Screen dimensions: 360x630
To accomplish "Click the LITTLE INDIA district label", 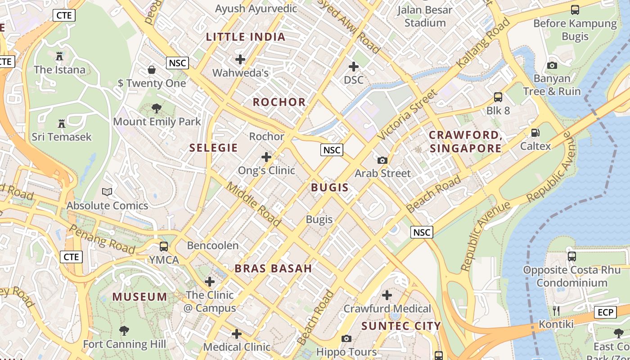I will (246, 37).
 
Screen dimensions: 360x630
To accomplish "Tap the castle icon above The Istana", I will (59, 56).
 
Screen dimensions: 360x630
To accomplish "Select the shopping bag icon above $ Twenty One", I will (152, 70).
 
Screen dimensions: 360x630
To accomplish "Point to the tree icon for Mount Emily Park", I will (157, 108).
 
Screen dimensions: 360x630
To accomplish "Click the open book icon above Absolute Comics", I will (107, 192).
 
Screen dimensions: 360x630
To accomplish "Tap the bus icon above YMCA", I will (164, 247).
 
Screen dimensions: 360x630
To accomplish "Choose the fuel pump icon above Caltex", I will (535, 133).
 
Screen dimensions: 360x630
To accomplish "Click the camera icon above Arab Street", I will (382, 160).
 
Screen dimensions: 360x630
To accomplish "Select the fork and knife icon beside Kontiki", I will (556, 310).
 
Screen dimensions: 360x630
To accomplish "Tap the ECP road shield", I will (605, 312).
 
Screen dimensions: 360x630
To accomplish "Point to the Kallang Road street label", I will (483, 43).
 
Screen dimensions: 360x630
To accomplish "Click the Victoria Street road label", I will (407, 115).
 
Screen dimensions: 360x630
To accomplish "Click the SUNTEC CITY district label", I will (401, 326).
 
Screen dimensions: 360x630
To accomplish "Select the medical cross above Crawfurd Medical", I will (387, 295).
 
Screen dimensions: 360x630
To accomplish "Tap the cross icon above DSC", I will (354, 67).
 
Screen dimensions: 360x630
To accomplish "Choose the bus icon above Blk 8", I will (498, 97).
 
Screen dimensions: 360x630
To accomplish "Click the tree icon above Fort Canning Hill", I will (124, 331).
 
